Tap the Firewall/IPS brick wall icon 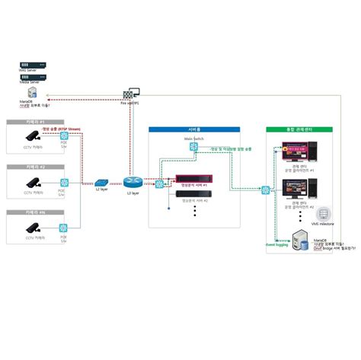[x=129, y=94]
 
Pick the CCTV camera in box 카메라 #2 [x=34, y=183]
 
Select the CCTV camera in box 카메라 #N [x=34, y=227]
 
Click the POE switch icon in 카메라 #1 [x=64, y=139]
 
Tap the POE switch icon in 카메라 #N [x=64, y=227]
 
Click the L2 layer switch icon [x=102, y=183]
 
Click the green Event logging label [x=276, y=244]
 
